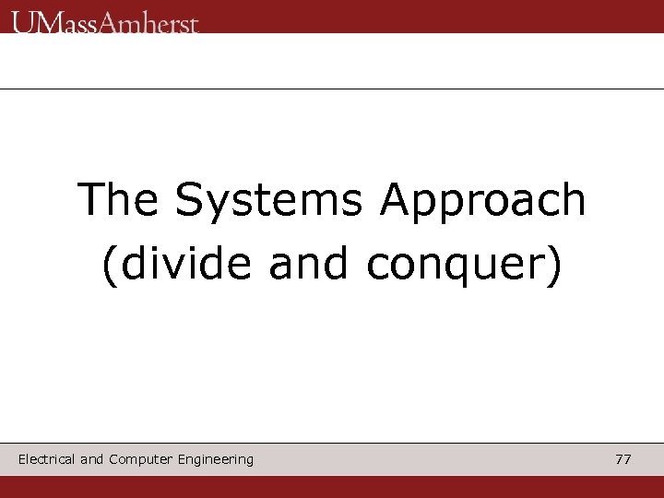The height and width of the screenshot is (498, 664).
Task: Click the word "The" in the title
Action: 113,200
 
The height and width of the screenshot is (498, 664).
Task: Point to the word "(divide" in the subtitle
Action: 175,265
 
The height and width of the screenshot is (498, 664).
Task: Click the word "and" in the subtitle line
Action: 309,265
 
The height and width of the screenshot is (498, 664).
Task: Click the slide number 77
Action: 623,459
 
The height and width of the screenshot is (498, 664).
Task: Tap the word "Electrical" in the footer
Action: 46,459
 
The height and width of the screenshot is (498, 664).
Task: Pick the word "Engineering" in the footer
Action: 216,459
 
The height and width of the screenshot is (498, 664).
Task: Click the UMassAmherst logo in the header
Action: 105,20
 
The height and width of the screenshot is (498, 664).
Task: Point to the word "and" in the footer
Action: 92,459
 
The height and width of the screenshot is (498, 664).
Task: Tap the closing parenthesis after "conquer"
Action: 553,266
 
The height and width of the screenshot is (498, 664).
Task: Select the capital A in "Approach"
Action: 394,200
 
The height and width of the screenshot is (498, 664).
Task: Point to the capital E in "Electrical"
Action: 22,459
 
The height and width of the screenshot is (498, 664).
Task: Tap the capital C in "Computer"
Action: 113,459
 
